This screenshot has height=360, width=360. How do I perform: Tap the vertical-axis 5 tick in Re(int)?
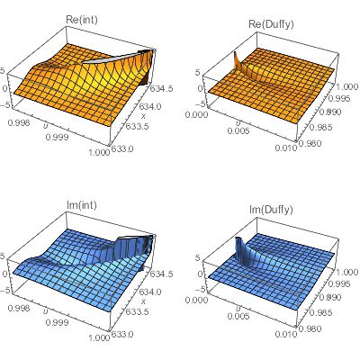[4, 67]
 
